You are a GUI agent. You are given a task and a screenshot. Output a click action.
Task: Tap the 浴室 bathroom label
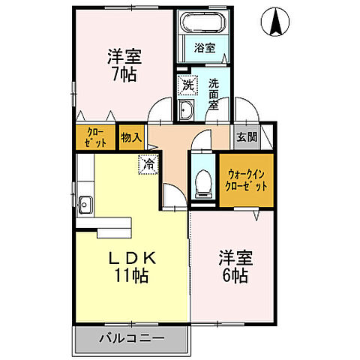click(205, 48)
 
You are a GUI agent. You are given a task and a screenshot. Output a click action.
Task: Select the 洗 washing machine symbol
click(187, 86)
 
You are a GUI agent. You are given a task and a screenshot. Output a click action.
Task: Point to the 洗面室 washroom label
click(214, 94)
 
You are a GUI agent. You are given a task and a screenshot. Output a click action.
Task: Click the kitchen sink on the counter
click(84, 202)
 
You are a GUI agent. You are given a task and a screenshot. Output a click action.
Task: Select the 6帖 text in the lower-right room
click(235, 275)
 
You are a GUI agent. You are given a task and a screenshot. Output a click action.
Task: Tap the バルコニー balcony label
click(131, 338)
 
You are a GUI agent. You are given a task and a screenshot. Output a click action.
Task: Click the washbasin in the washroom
click(186, 112)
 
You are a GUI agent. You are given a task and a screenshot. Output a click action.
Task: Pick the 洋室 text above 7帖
click(124, 55)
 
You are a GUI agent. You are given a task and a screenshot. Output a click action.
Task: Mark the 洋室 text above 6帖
click(235, 257)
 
